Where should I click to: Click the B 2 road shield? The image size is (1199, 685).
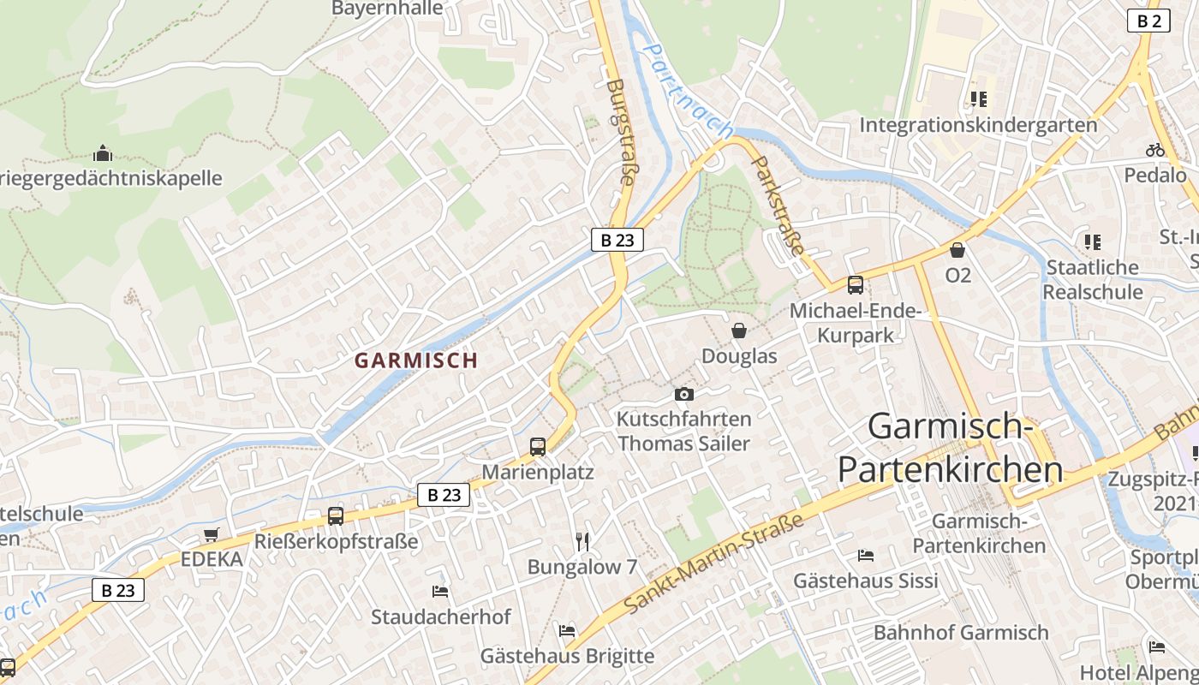point(1148,21)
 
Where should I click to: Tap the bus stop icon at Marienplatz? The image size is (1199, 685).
point(538,446)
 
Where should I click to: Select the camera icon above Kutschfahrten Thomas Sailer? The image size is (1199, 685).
point(683,394)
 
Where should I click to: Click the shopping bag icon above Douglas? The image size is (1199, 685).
point(739,331)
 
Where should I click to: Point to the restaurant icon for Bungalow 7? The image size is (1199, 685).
point(582,541)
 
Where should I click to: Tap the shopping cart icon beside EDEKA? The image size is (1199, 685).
point(212,534)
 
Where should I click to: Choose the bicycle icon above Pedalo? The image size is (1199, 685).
point(1155,150)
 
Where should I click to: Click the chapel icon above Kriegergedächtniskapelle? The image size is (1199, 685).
point(103,154)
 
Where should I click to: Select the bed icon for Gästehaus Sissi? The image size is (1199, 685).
point(866,555)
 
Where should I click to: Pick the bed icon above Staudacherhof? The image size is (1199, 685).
point(440,591)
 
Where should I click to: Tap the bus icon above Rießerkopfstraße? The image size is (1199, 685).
point(336,516)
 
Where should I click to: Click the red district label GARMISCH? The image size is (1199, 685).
point(416,360)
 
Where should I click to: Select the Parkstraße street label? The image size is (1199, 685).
point(779,207)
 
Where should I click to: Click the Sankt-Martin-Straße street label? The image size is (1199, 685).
point(715,563)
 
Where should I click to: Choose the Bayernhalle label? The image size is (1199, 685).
point(388,9)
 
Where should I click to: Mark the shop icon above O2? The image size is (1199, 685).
point(957,250)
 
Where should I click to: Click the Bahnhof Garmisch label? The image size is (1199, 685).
point(961,633)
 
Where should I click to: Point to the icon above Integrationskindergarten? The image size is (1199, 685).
point(978,99)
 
